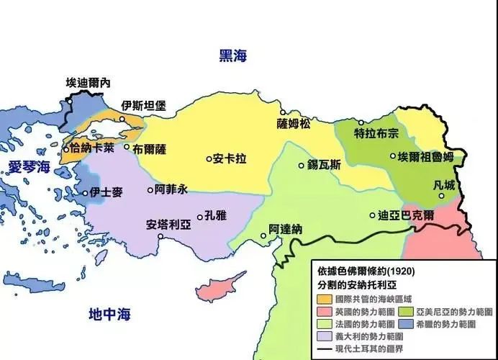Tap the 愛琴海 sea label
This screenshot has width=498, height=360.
30,167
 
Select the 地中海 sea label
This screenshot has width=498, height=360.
109,314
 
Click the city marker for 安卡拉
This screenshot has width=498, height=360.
208,157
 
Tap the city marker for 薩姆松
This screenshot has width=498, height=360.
283,112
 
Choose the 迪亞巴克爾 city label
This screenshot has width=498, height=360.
407,215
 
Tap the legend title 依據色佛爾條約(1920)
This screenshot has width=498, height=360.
366,271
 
